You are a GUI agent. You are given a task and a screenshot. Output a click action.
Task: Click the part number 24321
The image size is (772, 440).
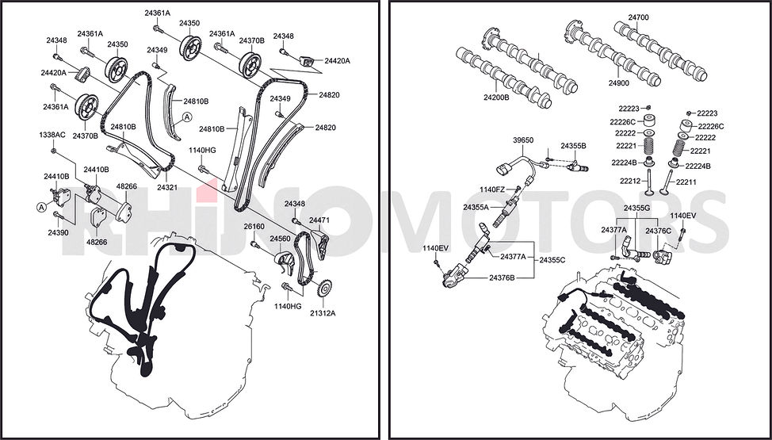click(x=167, y=188)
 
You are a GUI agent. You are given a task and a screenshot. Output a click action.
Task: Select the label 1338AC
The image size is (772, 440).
click(x=52, y=135)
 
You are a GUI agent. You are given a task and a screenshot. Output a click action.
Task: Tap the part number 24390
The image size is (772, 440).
click(x=58, y=232)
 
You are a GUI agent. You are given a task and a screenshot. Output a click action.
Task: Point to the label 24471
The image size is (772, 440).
click(x=319, y=220)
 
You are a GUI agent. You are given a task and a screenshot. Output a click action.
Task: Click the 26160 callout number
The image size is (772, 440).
click(x=254, y=227)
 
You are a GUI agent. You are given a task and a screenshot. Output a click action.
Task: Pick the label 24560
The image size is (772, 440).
click(x=280, y=239)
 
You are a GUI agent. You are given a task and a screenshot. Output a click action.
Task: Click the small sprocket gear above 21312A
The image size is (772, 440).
click(x=323, y=289)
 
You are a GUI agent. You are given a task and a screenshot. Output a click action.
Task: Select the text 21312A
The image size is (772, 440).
click(x=323, y=313)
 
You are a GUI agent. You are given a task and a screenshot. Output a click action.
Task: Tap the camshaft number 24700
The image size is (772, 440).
click(x=638, y=17)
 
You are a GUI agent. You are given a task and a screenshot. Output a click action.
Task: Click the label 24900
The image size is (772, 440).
click(x=618, y=83)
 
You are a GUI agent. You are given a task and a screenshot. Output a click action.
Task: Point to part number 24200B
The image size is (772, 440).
click(x=496, y=98)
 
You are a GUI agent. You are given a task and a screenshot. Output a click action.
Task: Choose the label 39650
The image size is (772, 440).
click(x=523, y=140)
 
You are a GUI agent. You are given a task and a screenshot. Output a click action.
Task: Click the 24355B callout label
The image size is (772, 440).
click(x=574, y=146)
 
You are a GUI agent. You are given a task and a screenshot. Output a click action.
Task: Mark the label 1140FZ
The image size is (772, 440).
click(x=492, y=189)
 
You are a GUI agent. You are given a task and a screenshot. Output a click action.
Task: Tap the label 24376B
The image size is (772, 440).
click(x=502, y=278)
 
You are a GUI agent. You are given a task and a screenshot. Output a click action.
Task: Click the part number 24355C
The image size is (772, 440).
click(x=552, y=259)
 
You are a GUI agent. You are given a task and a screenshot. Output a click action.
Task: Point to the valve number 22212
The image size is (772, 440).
click(x=630, y=182)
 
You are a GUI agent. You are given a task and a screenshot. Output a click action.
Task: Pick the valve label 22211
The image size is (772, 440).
click(x=686, y=182)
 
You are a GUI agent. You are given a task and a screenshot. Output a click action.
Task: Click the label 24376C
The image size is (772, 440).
click(x=659, y=231)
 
